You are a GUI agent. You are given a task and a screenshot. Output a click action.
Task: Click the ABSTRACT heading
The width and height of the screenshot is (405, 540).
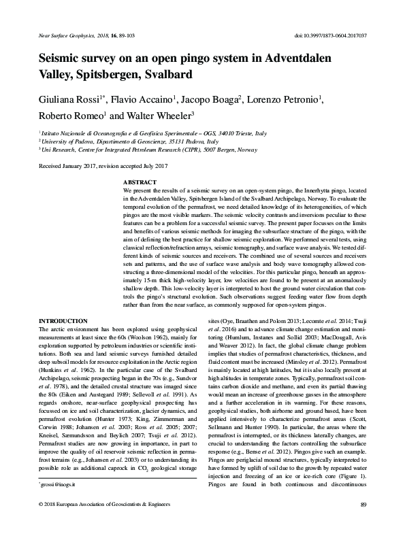point(140,184)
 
